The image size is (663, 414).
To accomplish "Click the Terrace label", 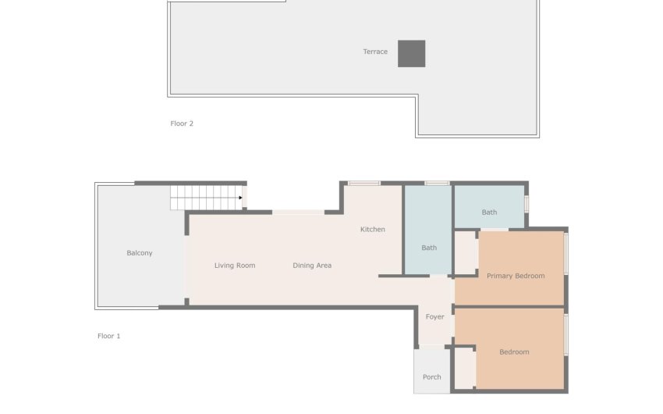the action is pyautogui.click(x=375, y=52).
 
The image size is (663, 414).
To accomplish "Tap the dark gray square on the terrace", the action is pyautogui.click(x=411, y=54).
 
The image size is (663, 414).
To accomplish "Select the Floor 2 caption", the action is pyautogui.click(x=182, y=123).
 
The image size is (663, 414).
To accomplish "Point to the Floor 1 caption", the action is pyautogui.click(x=108, y=336).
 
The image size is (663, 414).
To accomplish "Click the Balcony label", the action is pyautogui.click(x=140, y=253).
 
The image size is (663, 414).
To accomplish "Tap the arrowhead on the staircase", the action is pyautogui.click(x=240, y=198).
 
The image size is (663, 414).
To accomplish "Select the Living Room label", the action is pyautogui.click(x=235, y=266).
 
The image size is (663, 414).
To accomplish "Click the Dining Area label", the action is pyautogui.click(x=312, y=266).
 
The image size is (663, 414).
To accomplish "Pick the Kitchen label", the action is pyautogui.click(x=373, y=230).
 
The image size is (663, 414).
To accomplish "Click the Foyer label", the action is pyautogui.click(x=434, y=316).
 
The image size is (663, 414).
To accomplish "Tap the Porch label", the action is pyautogui.click(x=431, y=377).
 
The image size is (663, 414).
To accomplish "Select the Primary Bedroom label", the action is pyautogui.click(x=516, y=276).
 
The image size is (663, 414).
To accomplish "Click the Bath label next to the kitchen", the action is pyautogui.click(x=429, y=248).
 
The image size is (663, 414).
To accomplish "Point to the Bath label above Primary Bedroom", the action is pyautogui.click(x=489, y=212).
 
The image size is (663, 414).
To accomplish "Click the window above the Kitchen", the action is pyautogui.click(x=364, y=184).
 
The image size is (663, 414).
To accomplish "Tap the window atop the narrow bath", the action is pyautogui.click(x=437, y=184).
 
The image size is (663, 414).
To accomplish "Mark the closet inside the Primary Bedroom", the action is pyautogui.click(x=465, y=253).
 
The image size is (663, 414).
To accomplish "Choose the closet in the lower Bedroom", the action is pyautogui.click(x=465, y=367).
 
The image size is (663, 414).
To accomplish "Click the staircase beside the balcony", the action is pyautogui.click(x=207, y=198).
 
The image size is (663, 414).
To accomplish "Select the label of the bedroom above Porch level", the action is pyautogui.click(x=514, y=352).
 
